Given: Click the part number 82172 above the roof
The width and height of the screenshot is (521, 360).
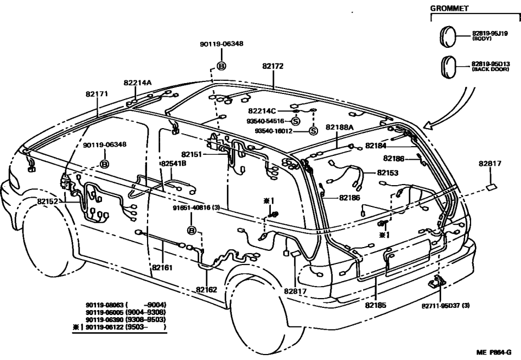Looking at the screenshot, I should pos(272,66).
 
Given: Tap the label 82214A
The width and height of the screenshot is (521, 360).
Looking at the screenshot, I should pos(137,83).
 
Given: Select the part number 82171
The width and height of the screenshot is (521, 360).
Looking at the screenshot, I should pos(97,93).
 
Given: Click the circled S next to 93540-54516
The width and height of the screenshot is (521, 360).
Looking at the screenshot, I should pos(296,121).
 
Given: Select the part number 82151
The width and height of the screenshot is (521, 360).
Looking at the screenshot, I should pos(193,154).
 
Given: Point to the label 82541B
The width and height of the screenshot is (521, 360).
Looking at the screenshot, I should pos(173,163).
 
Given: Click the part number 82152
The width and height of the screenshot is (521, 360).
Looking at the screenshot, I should pos(48,201).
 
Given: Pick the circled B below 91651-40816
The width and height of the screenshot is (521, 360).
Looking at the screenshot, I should pos(191,231).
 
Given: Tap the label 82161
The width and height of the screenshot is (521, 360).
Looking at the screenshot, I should pos(162,268).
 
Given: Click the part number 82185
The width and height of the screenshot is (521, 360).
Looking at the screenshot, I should pos(376,306).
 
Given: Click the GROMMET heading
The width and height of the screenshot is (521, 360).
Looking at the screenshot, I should pos(449,9).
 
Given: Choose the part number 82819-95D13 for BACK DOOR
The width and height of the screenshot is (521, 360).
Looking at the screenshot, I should pos(490,64).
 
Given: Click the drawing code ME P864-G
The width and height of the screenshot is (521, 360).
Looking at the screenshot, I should pos(494,352).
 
